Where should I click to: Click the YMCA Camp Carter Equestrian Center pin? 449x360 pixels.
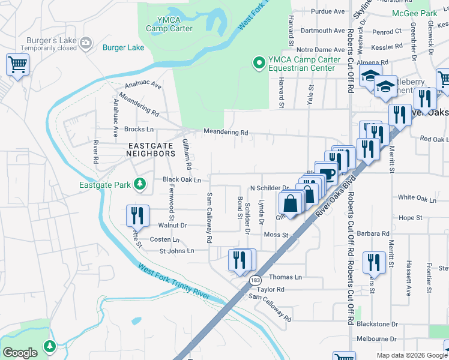click(x=259, y=62)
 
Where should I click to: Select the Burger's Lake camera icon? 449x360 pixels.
click(x=86, y=41)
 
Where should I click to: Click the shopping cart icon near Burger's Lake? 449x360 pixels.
click(x=17, y=64)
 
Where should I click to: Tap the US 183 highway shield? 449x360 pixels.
click(x=256, y=280)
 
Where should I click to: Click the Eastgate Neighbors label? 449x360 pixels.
click(x=151, y=149)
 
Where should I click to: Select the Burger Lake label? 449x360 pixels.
click(x=123, y=47)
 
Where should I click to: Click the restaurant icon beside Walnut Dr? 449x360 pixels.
click(x=137, y=215)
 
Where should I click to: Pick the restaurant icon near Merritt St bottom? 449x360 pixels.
click(x=374, y=262)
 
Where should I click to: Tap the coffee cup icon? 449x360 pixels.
click(x=327, y=174)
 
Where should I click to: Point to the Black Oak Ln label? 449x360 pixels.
click(x=181, y=179)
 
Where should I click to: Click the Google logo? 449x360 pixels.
click(x=20, y=353)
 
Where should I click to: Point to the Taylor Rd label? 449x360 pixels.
click(x=271, y=289)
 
